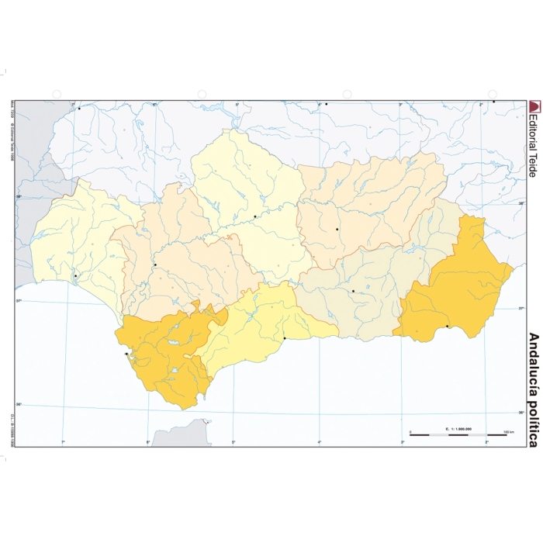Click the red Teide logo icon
[533, 106]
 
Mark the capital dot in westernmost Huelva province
[75, 276]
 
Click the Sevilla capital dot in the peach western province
[155, 265]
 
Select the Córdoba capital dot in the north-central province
[254, 217]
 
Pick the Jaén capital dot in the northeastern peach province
[337, 230]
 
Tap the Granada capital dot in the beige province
[353, 292]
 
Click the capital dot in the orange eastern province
[448, 327]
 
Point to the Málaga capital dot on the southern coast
[284, 338]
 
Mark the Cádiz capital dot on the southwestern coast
[126, 355]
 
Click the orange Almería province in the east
[458, 287]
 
